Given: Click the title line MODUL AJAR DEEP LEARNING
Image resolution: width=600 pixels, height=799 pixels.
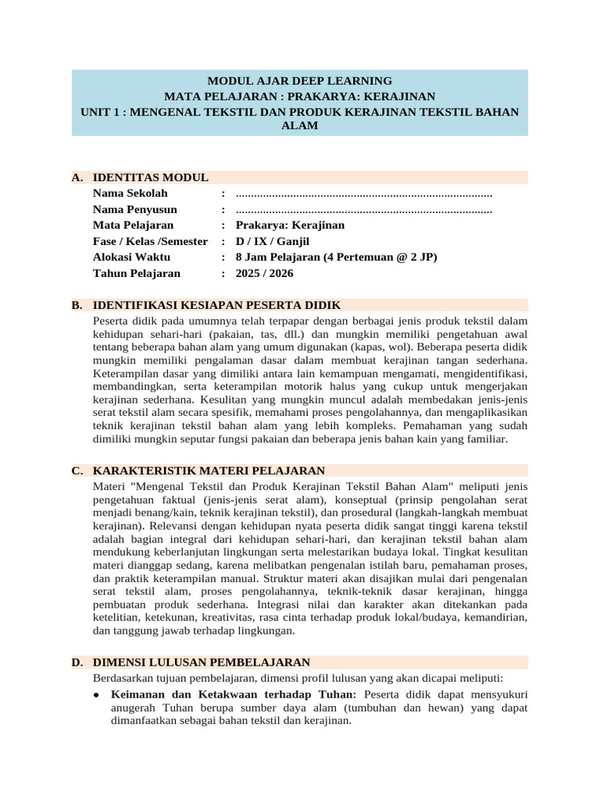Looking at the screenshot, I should (x=299, y=80).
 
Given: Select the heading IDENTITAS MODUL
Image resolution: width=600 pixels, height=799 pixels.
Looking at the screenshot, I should (x=150, y=177).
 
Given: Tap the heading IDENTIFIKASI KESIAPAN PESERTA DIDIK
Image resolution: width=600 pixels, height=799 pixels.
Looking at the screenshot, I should (x=216, y=304).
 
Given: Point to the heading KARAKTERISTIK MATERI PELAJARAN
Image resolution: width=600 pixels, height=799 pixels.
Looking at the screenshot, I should (x=209, y=471).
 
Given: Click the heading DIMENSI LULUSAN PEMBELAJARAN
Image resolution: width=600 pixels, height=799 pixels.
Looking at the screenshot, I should (x=202, y=662).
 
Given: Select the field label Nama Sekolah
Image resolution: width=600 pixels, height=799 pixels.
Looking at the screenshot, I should (x=130, y=194).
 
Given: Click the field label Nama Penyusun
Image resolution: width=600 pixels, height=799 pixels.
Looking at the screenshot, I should (x=134, y=209).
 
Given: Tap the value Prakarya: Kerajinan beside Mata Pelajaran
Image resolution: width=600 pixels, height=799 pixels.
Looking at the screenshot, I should (x=290, y=225).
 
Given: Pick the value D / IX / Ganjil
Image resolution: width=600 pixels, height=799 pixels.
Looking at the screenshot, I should (x=273, y=241).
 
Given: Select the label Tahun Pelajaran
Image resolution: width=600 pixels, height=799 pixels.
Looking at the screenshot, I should (x=136, y=273).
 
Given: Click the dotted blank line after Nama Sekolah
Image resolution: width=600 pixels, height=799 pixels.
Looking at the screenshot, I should (x=363, y=194).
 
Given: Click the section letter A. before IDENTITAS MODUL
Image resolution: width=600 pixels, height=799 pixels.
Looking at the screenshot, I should (x=77, y=177).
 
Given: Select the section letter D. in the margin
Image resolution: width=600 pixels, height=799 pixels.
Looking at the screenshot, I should (x=77, y=662).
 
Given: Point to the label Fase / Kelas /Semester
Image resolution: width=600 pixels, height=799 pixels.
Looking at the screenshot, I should (x=150, y=241).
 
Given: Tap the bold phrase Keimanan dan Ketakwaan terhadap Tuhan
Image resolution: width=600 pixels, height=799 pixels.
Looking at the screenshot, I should (x=234, y=693).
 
